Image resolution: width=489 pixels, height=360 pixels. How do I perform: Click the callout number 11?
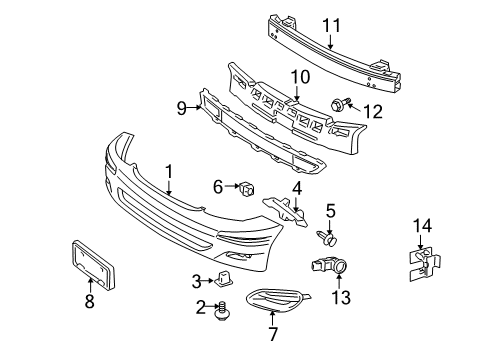[x=332, y=26]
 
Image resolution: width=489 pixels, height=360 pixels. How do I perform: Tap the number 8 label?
[x=89, y=301]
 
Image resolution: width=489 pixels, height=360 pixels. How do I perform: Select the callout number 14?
[x=422, y=226]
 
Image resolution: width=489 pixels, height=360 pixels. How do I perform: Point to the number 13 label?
[x=341, y=297]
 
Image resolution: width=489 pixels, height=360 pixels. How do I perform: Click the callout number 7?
[x=273, y=334]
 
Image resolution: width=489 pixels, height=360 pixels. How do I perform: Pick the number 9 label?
[x=181, y=108]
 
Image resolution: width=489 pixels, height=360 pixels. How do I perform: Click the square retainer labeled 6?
[x=246, y=189]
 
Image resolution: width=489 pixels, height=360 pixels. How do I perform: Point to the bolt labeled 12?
[x=340, y=104]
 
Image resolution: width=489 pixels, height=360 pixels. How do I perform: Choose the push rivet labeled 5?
[x=327, y=238]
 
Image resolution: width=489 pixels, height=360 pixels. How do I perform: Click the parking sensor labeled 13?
[x=329, y=265]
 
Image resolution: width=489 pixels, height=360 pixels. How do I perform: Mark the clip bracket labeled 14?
[x=424, y=264]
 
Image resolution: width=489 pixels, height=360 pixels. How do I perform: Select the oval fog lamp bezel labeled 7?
[x=277, y=301]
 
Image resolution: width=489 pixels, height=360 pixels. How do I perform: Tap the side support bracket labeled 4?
[x=286, y=211]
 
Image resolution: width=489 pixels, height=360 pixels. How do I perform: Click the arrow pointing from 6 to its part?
[x=232, y=186]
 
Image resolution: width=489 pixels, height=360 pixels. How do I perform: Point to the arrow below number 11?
[x=330, y=42]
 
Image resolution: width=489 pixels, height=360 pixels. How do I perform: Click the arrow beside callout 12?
[x=354, y=107]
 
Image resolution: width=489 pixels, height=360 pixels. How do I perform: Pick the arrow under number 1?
[x=169, y=188]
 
